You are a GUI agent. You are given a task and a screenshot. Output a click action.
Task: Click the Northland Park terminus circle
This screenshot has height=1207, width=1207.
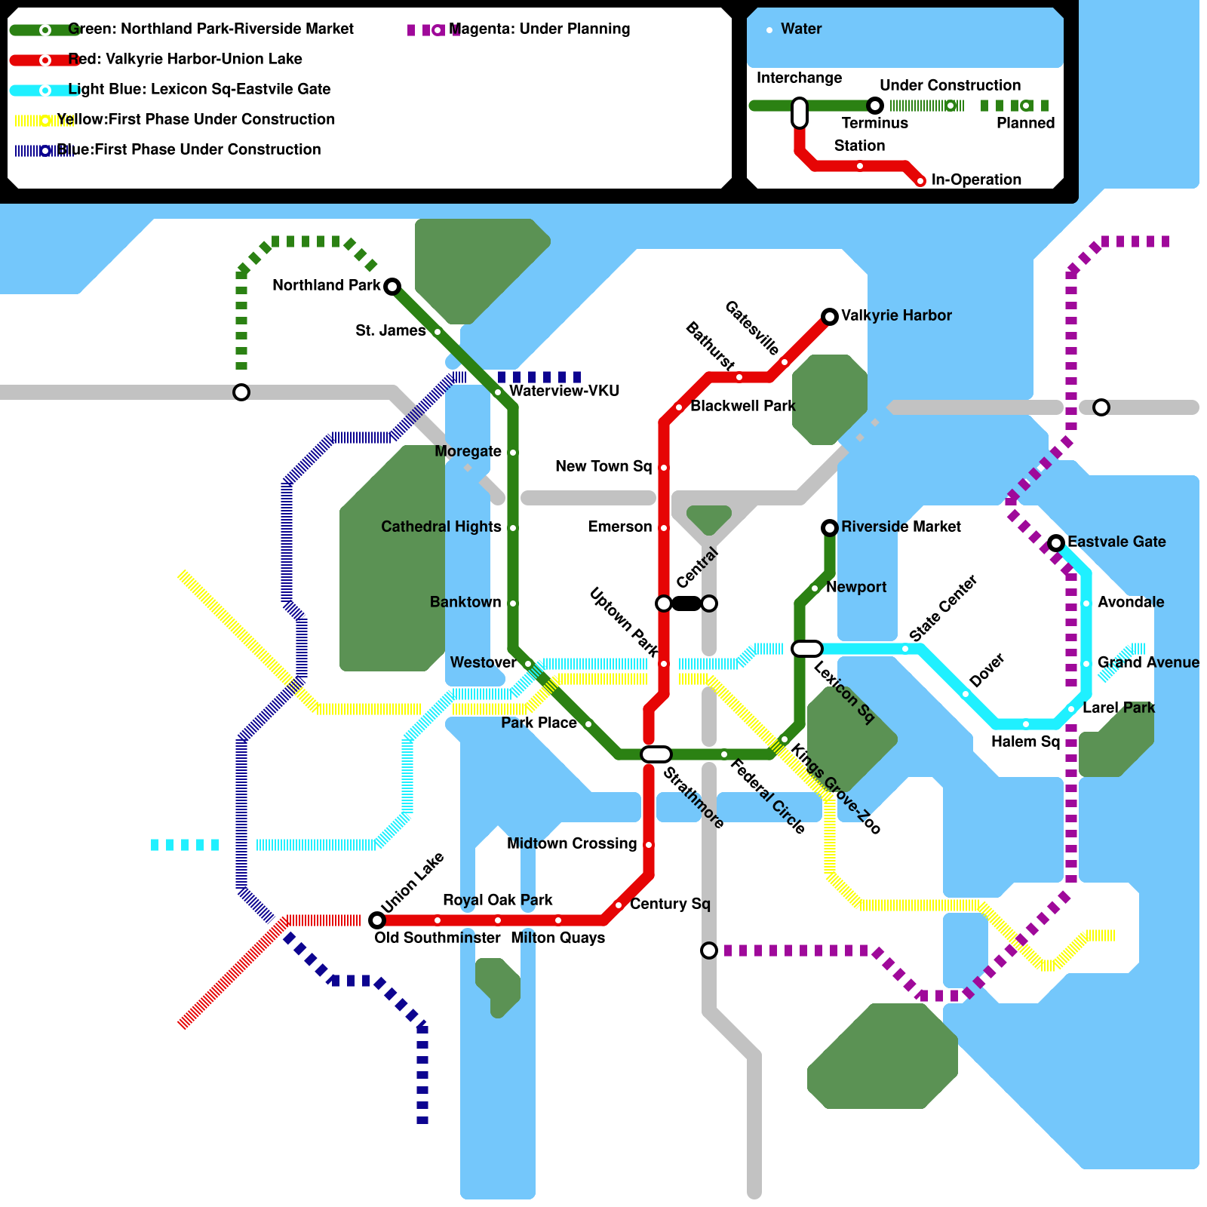(x=392, y=286)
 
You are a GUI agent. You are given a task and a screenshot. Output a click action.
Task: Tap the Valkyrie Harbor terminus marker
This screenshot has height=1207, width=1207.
(x=830, y=316)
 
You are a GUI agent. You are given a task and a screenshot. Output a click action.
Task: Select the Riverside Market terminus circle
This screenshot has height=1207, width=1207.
(x=830, y=527)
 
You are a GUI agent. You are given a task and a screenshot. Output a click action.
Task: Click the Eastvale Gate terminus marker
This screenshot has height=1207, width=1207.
(x=1056, y=542)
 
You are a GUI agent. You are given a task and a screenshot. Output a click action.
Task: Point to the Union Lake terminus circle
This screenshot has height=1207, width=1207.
(x=377, y=920)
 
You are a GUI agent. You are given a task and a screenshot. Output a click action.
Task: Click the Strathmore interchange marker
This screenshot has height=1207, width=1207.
(x=656, y=754)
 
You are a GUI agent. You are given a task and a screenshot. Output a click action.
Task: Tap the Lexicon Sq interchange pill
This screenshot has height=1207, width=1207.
(x=806, y=649)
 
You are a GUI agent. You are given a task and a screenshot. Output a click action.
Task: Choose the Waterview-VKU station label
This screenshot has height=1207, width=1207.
(x=564, y=391)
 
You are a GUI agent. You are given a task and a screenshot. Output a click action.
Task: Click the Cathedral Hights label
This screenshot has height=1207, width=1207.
(x=441, y=527)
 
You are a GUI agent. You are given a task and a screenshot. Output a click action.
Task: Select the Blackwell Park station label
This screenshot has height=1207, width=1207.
(x=742, y=406)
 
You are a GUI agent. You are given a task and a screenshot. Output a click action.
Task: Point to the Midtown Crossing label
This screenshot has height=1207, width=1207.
(x=572, y=843)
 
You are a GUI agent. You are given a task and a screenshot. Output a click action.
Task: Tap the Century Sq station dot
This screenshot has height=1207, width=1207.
(x=619, y=904)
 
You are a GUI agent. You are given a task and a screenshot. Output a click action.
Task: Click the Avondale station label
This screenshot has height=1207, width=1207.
(x=1130, y=602)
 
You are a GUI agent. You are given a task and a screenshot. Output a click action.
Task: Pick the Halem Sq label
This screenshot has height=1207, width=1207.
(x=1025, y=742)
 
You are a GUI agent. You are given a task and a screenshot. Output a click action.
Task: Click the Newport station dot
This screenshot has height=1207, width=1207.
(x=815, y=588)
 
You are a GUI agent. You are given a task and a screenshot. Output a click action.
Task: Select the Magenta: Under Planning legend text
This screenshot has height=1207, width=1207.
(x=539, y=29)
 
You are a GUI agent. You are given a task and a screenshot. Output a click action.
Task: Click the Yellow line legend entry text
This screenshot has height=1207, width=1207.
(x=195, y=119)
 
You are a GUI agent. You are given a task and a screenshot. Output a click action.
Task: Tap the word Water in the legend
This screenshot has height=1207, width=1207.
(x=801, y=29)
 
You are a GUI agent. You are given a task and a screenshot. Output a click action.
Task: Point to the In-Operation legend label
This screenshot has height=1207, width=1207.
(x=976, y=180)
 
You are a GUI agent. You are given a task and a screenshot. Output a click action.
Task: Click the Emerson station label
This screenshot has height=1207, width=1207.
(x=619, y=527)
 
